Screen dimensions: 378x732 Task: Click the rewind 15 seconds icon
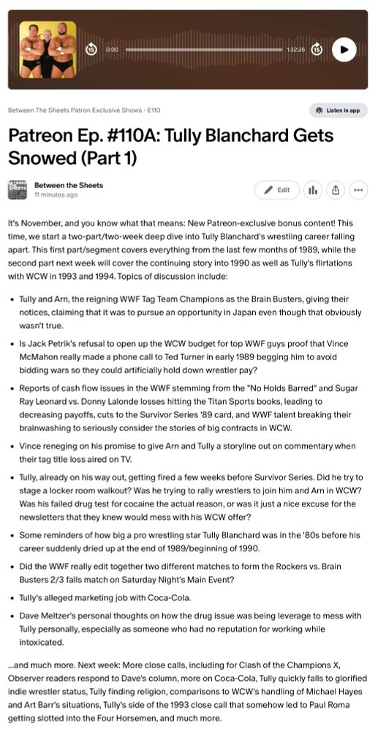(91, 49)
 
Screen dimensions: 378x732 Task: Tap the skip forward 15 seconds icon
(317, 49)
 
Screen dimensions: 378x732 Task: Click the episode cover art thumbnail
(48, 49)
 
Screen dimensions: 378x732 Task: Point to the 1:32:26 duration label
(295, 49)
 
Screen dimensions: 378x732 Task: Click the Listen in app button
(338, 111)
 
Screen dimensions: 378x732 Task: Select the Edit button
(277, 190)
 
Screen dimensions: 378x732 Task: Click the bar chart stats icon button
(313, 190)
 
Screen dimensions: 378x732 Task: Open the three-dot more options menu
(358, 190)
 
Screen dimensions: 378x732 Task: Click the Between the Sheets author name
(69, 185)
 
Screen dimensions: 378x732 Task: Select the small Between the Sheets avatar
(18, 190)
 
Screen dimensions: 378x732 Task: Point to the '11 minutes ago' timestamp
(56, 195)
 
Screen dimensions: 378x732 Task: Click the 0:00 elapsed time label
(112, 49)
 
